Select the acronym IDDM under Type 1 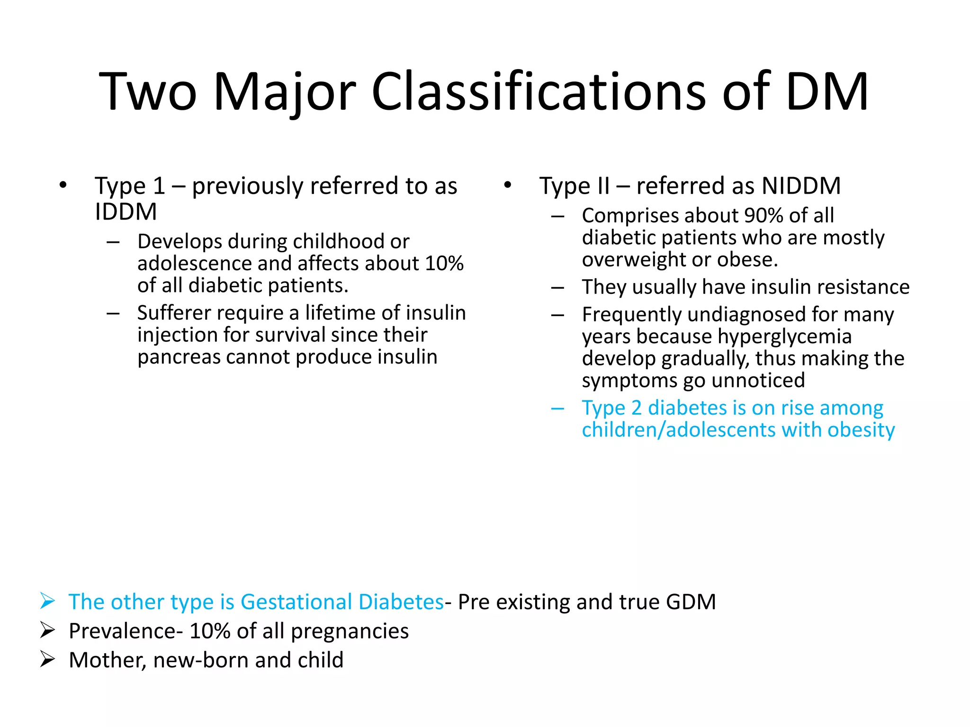point(126,212)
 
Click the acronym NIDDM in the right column point(801,186)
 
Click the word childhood point(338,241)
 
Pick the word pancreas point(179,357)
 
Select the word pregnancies point(350,632)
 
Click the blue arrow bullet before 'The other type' point(47,601)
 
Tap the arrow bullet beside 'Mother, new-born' point(47,659)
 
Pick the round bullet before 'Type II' point(508,185)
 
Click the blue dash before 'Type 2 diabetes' point(557,408)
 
